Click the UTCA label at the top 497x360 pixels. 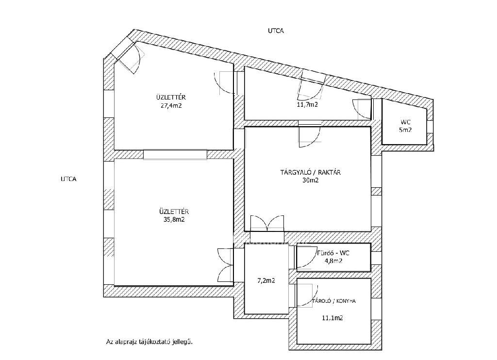pyautogui.click(x=276, y=31)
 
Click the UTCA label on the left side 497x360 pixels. pyautogui.click(x=68, y=179)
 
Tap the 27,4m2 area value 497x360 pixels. pyautogui.click(x=171, y=106)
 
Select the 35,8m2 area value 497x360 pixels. pyautogui.click(x=174, y=219)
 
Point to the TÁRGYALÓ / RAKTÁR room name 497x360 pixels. pyautogui.click(x=310, y=172)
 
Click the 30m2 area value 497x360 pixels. pyautogui.click(x=310, y=180)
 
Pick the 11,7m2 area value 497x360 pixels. pyautogui.click(x=307, y=104)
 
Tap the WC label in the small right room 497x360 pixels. pyautogui.click(x=405, y=122)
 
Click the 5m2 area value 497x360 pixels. pyautogui.click(x=405, y=130)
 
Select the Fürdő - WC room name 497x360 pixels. pyautogui.click(x=333, y=253)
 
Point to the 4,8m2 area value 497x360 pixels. pyautogui.click(x=333, y=261)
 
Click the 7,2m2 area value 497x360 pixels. pyautogui.click(x=265, y=280)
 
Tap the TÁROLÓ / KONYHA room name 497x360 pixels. pyautogui.click(x=334, y=301)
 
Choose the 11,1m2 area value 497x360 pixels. pyautogui.click(x=332, y=318)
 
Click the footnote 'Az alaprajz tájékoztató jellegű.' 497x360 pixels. pyautogui.click(x=149, y=342)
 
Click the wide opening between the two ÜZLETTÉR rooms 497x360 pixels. pyautogui.click(x=175, y=154)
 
